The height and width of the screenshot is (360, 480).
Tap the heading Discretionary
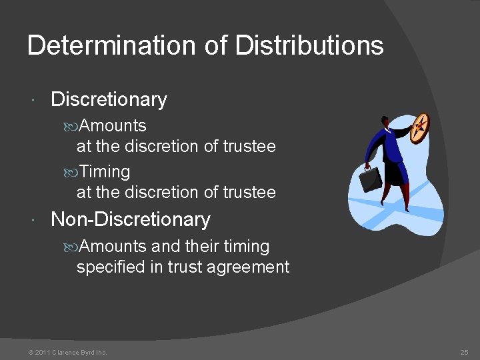[109, 99]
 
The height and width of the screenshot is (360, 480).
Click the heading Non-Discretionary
[130, 219]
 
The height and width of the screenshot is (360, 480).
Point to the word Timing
[105, 171]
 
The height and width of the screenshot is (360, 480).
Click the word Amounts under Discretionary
[113, 125]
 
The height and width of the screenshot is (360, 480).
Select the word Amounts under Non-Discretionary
[113, 246]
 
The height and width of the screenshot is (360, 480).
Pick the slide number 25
[464, 352]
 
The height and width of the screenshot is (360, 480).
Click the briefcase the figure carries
[371, 178]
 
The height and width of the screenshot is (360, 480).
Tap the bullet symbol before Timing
[73, 172]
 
